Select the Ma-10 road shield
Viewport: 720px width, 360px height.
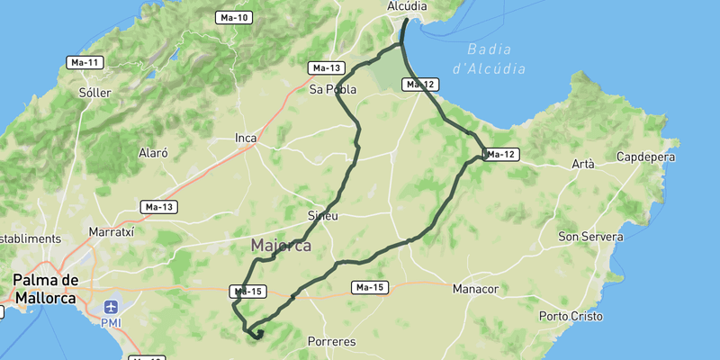[x=234, y=17]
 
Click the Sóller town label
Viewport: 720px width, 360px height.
[x=94, y=93]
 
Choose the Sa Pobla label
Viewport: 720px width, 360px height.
[x=333, y=89]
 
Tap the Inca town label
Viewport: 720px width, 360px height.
[x=246, y=138]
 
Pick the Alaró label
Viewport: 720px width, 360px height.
[x=153, y=153]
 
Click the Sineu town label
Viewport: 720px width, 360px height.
[x=322, y=216]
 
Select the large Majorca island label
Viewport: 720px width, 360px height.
[x=281, y=245]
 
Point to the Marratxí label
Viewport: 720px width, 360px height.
[x=112, y=231]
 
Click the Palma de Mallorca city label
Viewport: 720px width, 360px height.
[x=45, y=288]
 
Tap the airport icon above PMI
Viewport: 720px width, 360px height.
[x=111, y=306]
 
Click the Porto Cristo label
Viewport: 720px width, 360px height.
[x=570, y=316]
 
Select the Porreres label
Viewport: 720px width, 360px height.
[x=331, y=342]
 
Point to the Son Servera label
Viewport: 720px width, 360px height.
[x=590, y=237]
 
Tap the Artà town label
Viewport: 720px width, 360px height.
[x=583, y=164]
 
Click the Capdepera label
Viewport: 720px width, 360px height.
[x=646, y=157]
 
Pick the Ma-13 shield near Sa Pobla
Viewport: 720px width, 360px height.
[x=325, y=68]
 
